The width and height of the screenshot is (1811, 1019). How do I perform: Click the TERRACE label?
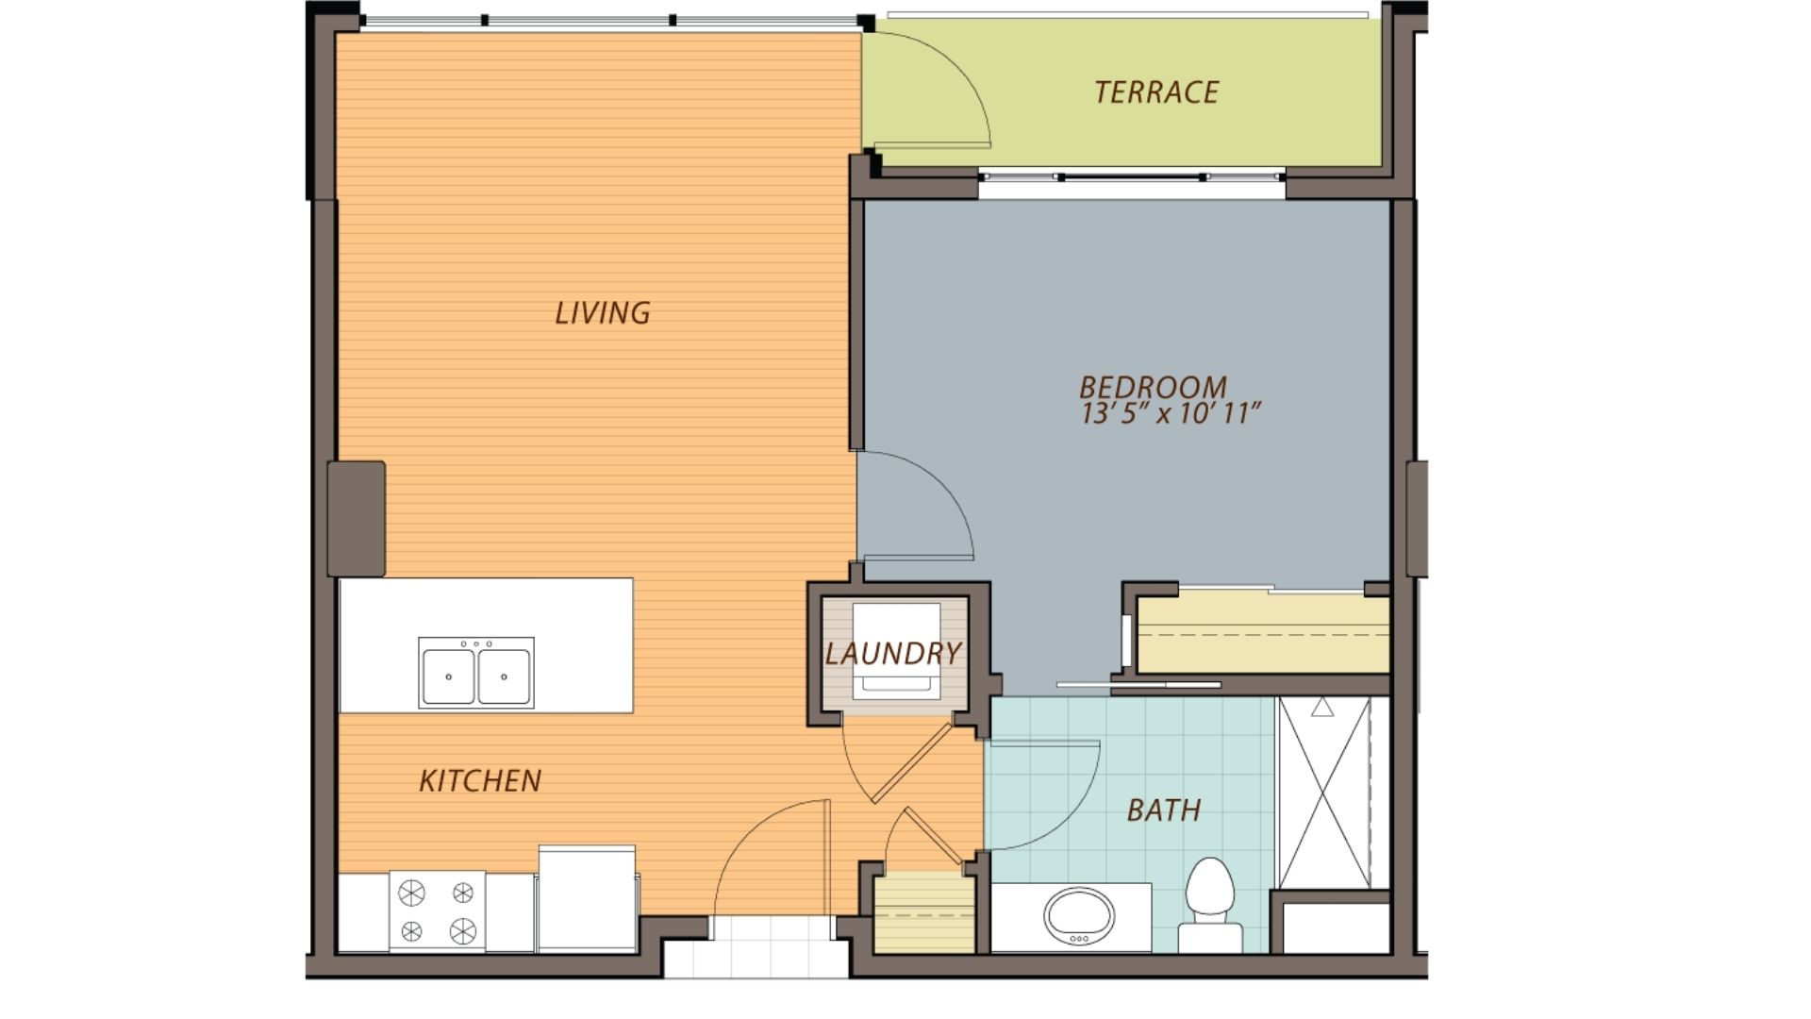point(1156,92)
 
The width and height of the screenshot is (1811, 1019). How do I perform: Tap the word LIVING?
point(602,313)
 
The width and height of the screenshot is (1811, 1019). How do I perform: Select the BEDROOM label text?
point(1153,387)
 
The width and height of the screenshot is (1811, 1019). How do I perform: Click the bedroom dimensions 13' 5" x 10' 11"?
point(1170,414)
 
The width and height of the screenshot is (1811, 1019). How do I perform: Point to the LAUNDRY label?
point(892,653)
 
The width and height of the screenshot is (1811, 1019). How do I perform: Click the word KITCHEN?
point(479,781)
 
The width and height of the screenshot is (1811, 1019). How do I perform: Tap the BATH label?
point(1163,810)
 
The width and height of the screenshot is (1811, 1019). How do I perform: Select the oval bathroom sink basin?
point(1079,915)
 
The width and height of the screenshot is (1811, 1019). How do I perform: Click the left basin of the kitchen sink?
point(448,676)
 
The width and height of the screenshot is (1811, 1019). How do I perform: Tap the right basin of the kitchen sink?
point(504,676)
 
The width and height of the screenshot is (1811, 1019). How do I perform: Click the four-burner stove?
point(437,911)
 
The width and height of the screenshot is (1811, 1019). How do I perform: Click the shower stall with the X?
point(1323,793)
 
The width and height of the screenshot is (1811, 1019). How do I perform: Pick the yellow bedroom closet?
point(1262,634)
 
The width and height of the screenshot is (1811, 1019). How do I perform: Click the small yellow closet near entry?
point(922,912)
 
